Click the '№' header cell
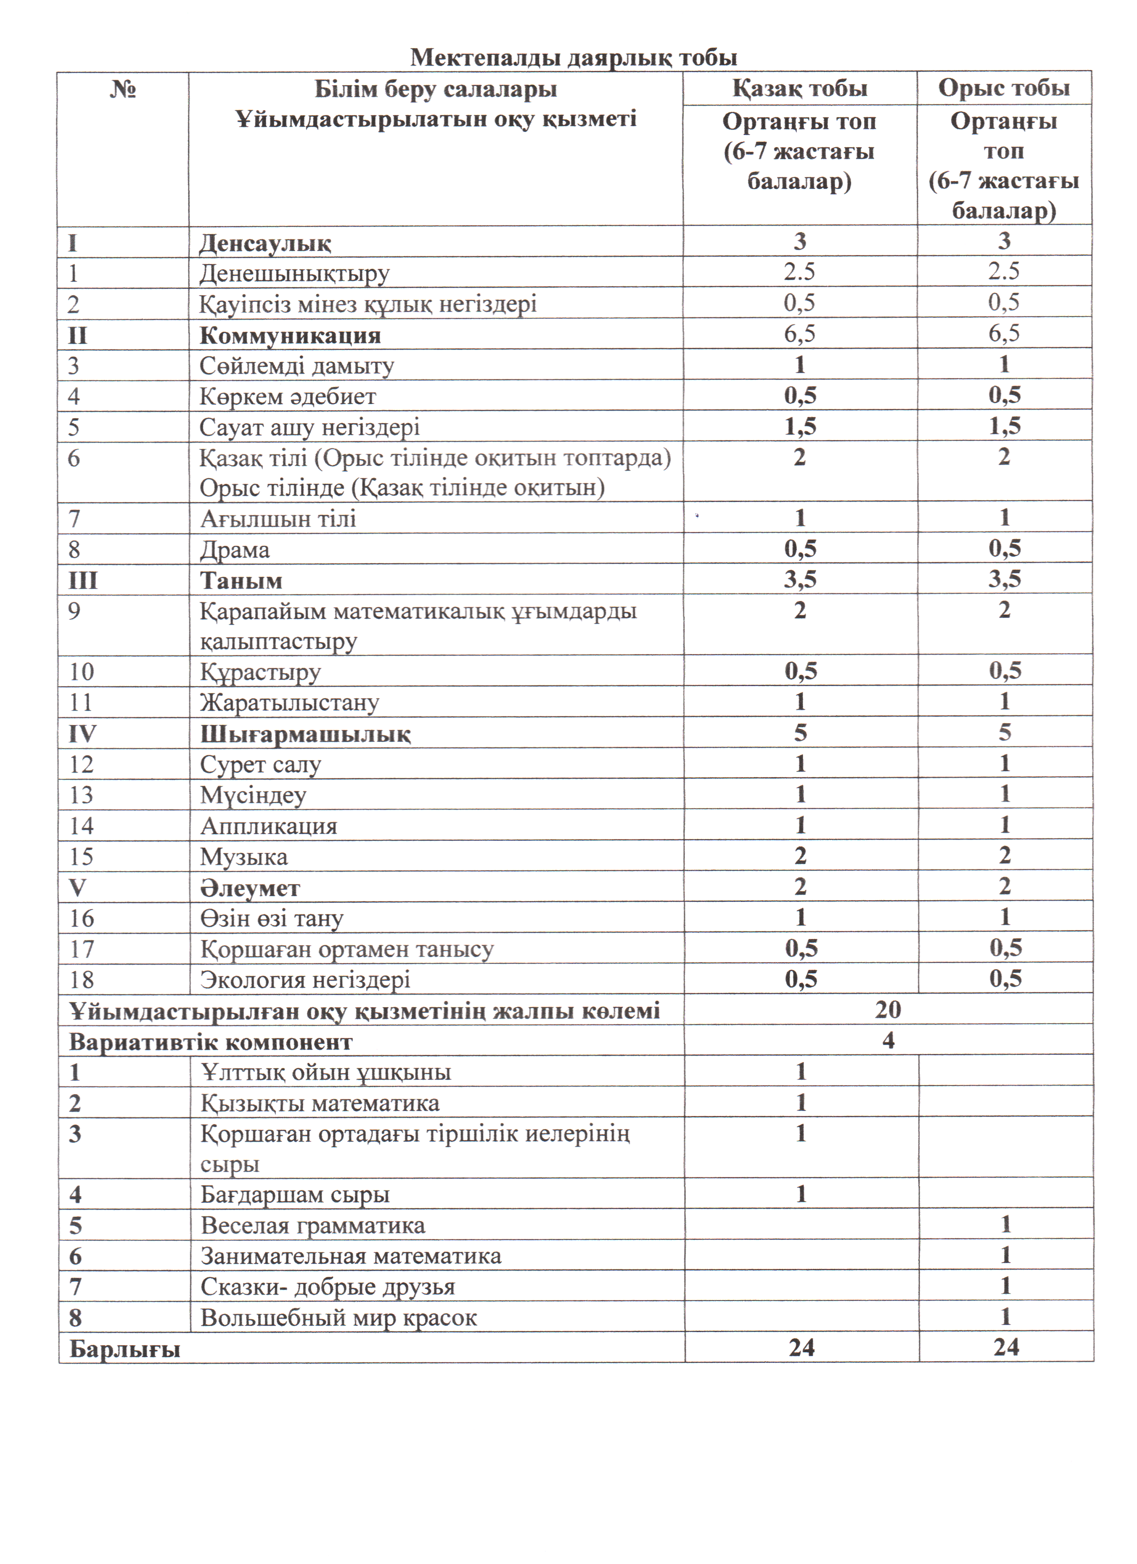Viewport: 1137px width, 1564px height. [123, 90]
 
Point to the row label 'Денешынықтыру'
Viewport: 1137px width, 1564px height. [294, 274]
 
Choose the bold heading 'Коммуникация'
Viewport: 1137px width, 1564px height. [290, 335]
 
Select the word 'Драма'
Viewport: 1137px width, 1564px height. [235, 550]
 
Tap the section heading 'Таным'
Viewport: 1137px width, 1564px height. [241, 580]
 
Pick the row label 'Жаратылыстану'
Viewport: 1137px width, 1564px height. [289, 703]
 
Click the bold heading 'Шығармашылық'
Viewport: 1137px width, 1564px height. [305, 734]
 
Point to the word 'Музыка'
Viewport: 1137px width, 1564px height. [244, 856]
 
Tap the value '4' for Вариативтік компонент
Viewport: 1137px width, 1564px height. [888, 1041]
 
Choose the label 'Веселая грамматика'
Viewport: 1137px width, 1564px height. [313, 1226]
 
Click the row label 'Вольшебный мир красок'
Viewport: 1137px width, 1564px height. [338, 1318]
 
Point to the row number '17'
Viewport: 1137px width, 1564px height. [81, 949]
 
